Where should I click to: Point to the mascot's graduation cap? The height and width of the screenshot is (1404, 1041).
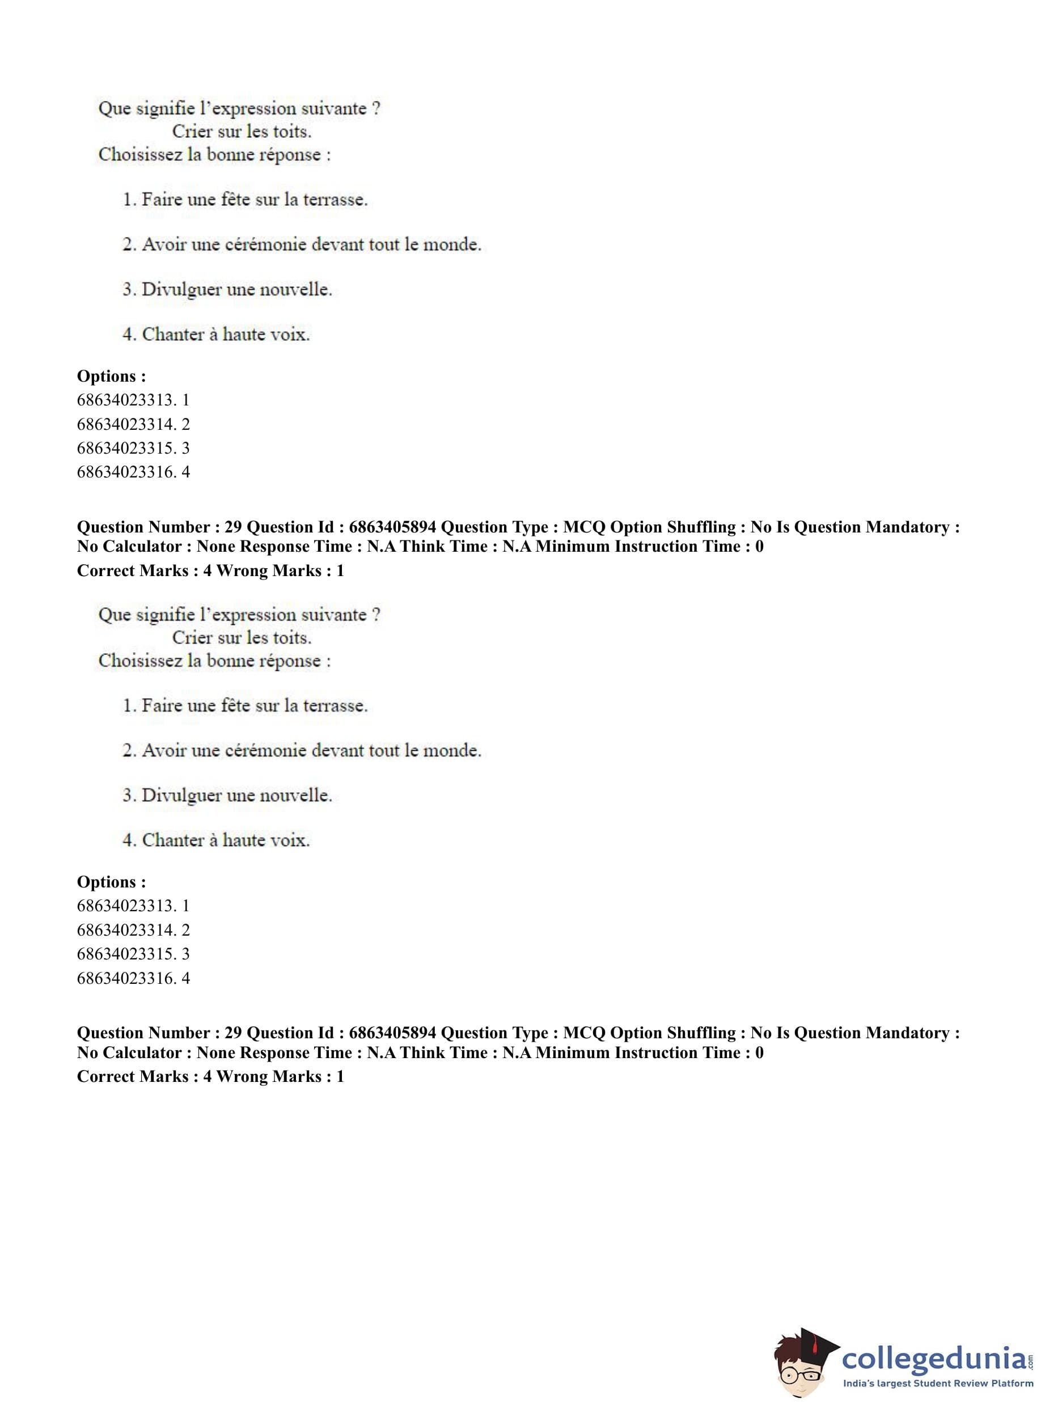point(813,1337)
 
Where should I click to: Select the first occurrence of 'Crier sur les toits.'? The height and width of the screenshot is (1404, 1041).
point(242,132)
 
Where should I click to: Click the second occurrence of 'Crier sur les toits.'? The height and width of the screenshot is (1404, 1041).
point(242,638)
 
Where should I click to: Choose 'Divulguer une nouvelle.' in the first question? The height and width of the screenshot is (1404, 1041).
point(236,289)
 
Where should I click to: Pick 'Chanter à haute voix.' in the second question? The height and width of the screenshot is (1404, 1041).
point(226,840)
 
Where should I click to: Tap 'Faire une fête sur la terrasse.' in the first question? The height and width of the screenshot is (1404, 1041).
point(254,200)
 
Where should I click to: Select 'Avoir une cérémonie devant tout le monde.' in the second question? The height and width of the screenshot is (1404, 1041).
point(311,751)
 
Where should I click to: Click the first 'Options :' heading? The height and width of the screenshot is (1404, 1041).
point(112,376)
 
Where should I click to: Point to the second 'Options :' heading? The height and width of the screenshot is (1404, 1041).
point(112,882)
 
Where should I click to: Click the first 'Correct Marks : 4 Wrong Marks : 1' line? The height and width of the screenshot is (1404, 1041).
point(210,571)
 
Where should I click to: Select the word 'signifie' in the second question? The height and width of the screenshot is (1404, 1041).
point(165,615)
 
